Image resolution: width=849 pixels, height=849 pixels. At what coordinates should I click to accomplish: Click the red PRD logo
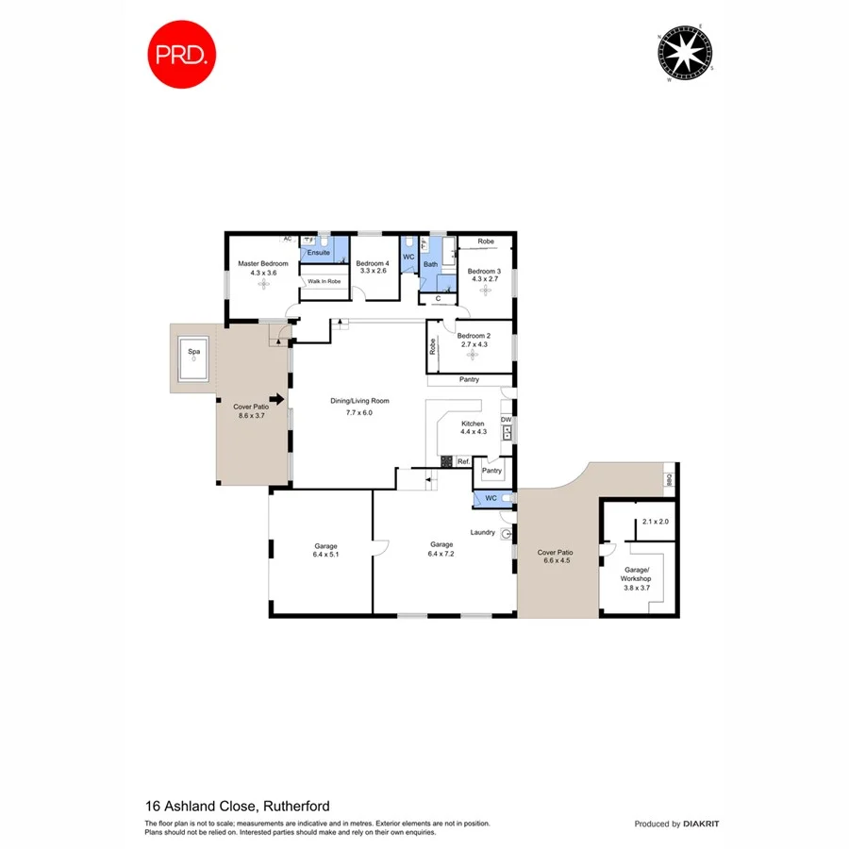click(x=181, y=54)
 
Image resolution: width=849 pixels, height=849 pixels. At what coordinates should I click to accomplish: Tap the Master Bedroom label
click(x=262, y=263)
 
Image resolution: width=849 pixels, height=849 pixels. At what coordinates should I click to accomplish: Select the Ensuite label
click(x=319, y=253)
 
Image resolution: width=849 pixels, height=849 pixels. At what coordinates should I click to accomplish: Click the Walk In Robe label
click(x=324, y=281)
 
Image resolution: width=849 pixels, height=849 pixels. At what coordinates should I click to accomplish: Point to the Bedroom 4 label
click(x=373, y=263)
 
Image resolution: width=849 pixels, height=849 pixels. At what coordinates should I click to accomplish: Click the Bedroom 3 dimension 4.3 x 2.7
click(x=486, y=279)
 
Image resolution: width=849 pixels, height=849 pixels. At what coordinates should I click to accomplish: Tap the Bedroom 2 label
click(x=474, y=336)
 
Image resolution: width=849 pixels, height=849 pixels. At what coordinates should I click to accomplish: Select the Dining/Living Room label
click(x=359, y=401)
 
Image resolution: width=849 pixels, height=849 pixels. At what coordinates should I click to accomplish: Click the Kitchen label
click(x=474, y=424)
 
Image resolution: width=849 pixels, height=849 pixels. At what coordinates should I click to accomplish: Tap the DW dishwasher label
click(x=507, y=419)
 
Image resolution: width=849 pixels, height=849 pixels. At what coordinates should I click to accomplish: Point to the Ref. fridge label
click(x=462, y=461)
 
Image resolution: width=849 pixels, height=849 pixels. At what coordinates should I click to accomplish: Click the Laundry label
click(x=483, y=533)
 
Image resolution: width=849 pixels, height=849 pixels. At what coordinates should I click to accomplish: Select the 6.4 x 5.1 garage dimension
click(x=325, y=555)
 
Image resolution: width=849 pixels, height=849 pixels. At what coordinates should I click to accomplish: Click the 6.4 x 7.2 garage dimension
click(x=442, y=555)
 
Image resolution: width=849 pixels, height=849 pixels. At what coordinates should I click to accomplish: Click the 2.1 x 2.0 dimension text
click(x=654, y=522)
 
